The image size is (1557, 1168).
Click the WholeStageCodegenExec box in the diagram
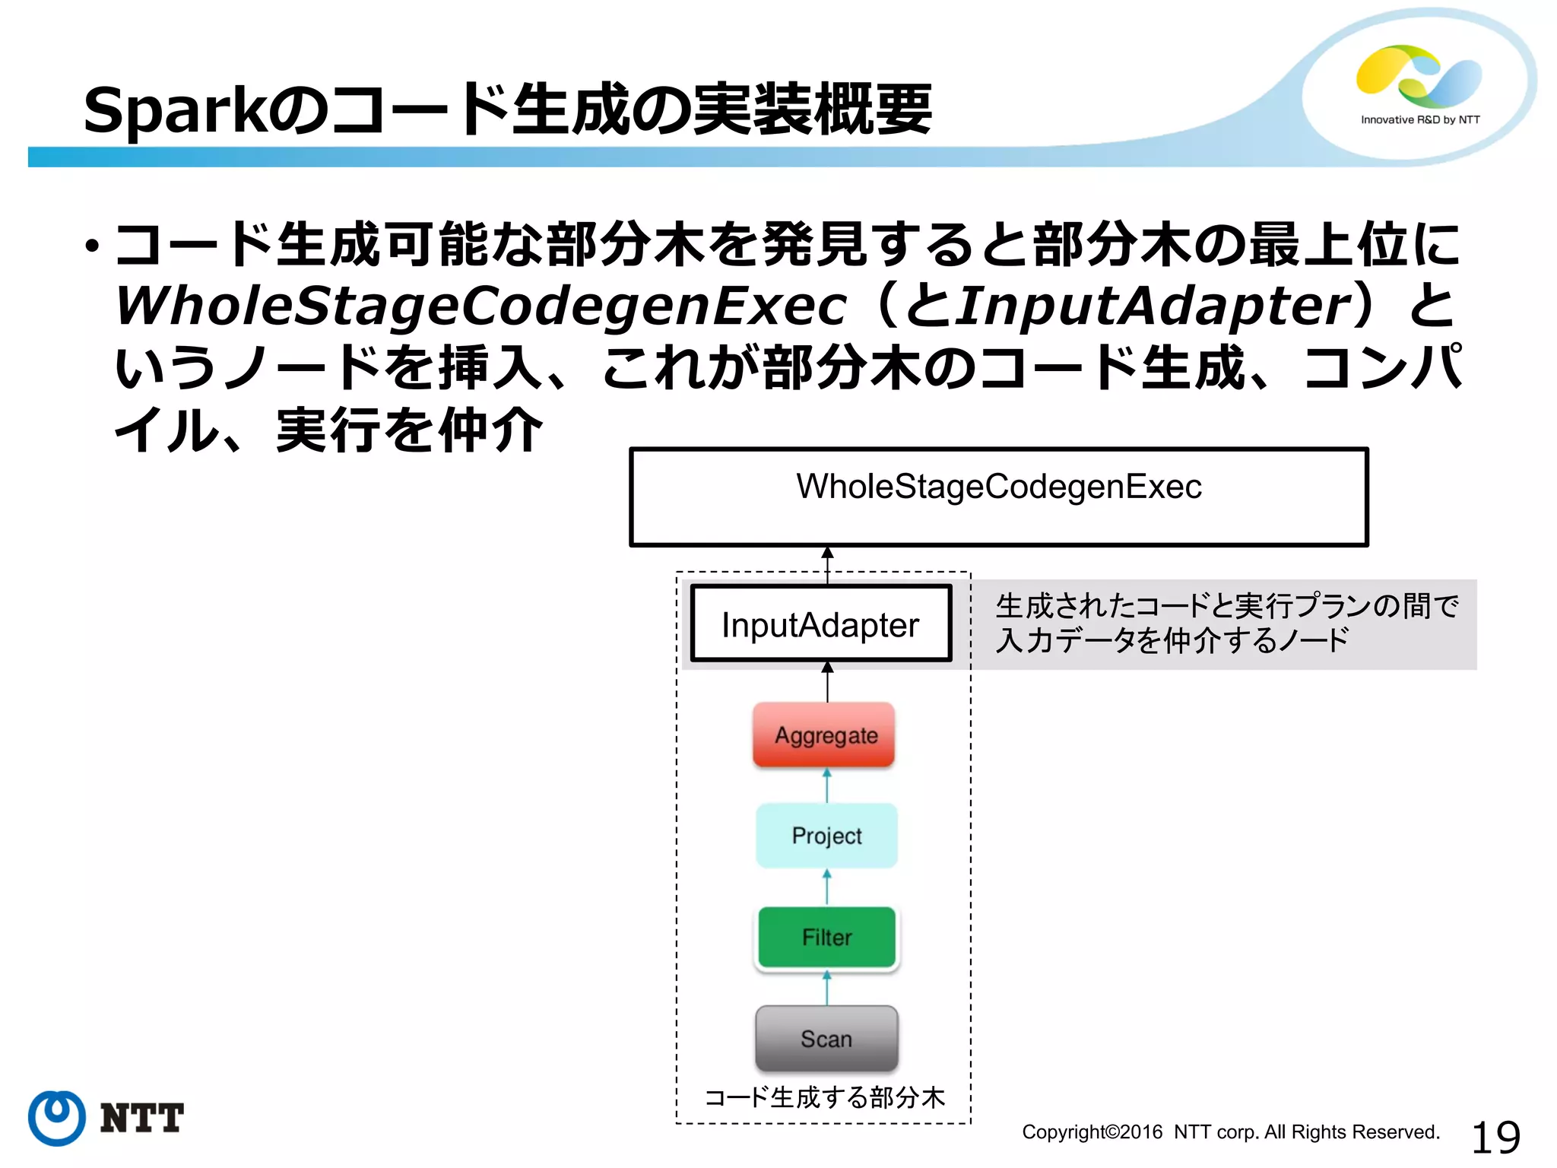(998, 497)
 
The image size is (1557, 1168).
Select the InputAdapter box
(820, 624)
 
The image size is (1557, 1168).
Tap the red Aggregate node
(825, 735)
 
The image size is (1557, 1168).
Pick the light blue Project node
(826, 835)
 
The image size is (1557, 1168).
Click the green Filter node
(826, 937)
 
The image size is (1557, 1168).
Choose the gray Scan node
(826, 1038)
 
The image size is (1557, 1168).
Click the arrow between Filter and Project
(827, 887)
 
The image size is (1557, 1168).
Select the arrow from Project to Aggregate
(827, 785)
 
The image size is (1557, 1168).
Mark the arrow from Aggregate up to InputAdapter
(827, 681)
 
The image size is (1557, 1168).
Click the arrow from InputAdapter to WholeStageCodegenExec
(827, 566)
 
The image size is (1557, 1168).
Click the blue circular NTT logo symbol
(57, 1117)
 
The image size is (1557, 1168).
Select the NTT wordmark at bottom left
(142, 1118)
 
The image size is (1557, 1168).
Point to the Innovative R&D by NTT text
(1419, 120)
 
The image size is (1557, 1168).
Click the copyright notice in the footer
(1230, 1131)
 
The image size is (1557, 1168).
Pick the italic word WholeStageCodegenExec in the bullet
(480, 306)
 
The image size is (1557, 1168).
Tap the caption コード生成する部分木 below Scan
(824, 1097)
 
